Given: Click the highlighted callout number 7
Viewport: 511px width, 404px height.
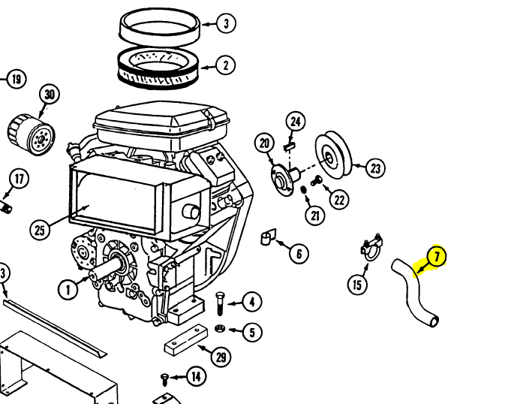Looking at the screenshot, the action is tap(437, 256).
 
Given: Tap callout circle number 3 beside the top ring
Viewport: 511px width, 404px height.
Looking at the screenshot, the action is tap(226, 23).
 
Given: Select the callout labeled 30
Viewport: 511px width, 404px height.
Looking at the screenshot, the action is tap(50, 95).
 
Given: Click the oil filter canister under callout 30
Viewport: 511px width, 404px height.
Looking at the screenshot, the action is tap(32, 134).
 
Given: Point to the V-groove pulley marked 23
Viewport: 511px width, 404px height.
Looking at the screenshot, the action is tap(333, 155).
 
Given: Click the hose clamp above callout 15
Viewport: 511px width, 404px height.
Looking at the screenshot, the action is tap(371, 247).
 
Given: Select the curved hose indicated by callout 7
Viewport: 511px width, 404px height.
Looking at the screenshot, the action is tap(413, 292).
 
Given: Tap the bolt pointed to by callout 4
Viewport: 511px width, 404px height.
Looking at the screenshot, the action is tap(221, 303).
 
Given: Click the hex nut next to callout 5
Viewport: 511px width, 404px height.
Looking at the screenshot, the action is tap(220, 328).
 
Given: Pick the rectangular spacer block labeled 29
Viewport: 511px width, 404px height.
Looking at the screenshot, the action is tap(185, 340).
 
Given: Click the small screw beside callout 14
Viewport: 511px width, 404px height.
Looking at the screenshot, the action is tap(165, 379).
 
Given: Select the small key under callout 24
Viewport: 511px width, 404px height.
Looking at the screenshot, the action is tap(290, 146).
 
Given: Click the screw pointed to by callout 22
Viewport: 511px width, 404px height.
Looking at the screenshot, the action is tap(316, 180).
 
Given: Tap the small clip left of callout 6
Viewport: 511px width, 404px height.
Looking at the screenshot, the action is tap(268, 237).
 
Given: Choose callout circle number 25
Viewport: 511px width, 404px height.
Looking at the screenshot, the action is tap(40, 230).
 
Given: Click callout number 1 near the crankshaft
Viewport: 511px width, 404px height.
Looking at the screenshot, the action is tap(68, 289).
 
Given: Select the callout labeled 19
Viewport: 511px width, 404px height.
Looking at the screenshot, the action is tap(17, 79).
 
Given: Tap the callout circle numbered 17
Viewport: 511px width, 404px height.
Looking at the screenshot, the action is tap(20, 179).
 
